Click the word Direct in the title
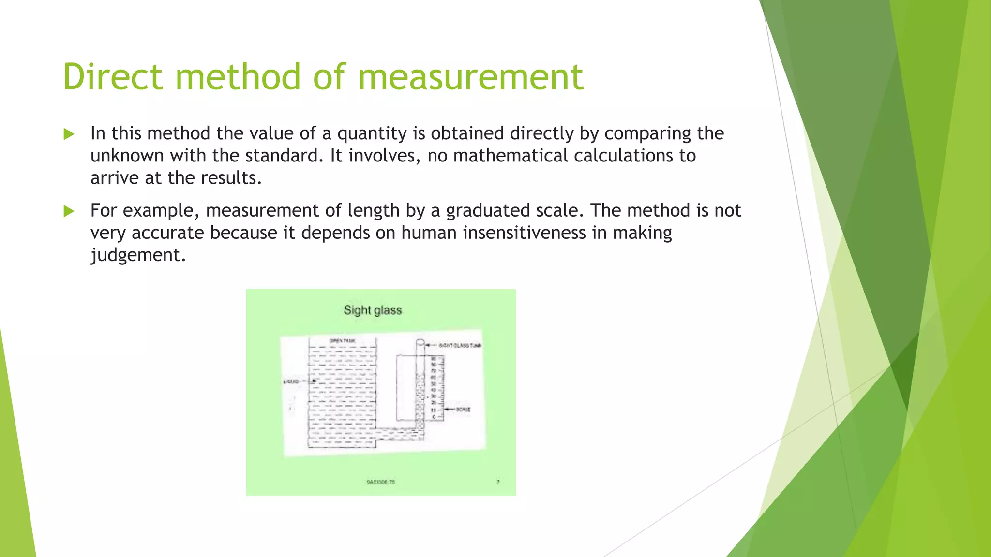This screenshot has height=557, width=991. click(112, 77)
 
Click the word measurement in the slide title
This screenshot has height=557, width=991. click(470, 77)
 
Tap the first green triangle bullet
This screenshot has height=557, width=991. click(69, 134)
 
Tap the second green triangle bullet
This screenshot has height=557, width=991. click(69, 211)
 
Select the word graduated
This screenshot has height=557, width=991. click(488, 211)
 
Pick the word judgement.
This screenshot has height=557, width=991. click(138, 255)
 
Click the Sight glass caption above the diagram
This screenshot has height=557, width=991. click(373, 310)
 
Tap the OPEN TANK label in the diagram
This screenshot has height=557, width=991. click(342, 341)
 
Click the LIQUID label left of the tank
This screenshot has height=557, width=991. click(291, 381)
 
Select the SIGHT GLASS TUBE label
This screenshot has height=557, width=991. click(459, 345)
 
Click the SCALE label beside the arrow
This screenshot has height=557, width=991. click(463, 410)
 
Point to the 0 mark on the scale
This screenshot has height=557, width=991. click(434, 417)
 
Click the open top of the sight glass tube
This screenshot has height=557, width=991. click(420, 343)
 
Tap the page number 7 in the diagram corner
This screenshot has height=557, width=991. click(498, 482)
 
